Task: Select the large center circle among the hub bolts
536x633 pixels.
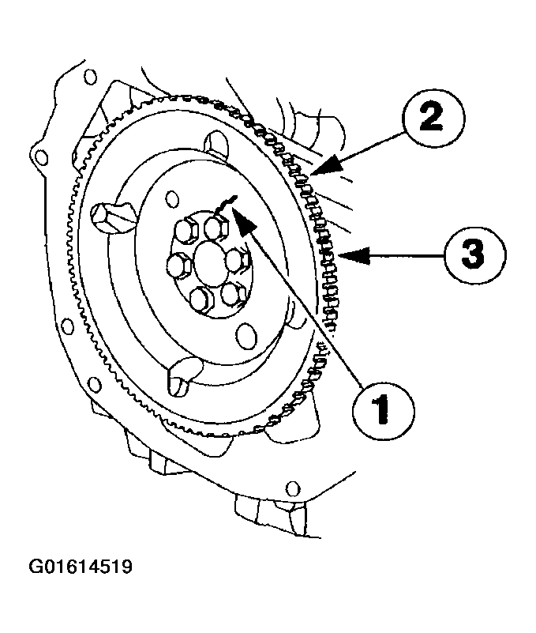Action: click(209, 261)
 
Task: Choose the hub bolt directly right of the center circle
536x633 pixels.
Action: click(238, 259)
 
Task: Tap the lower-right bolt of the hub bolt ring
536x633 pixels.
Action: click(233, 292)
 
